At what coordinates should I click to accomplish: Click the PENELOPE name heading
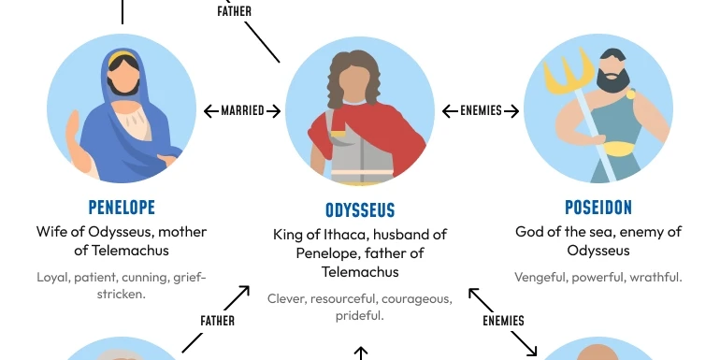click(x=122, y=207)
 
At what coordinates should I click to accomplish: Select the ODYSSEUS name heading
click(x=360, y=210)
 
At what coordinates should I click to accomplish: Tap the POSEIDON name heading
click(x=598, y=207)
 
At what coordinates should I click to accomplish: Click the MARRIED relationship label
click(x=242, y=111)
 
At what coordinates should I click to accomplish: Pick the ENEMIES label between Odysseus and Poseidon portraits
click(x=481, y=111)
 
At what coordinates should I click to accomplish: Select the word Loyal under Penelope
click(x=53, y=277)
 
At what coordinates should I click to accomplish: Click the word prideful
click(x=359, y=316)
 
